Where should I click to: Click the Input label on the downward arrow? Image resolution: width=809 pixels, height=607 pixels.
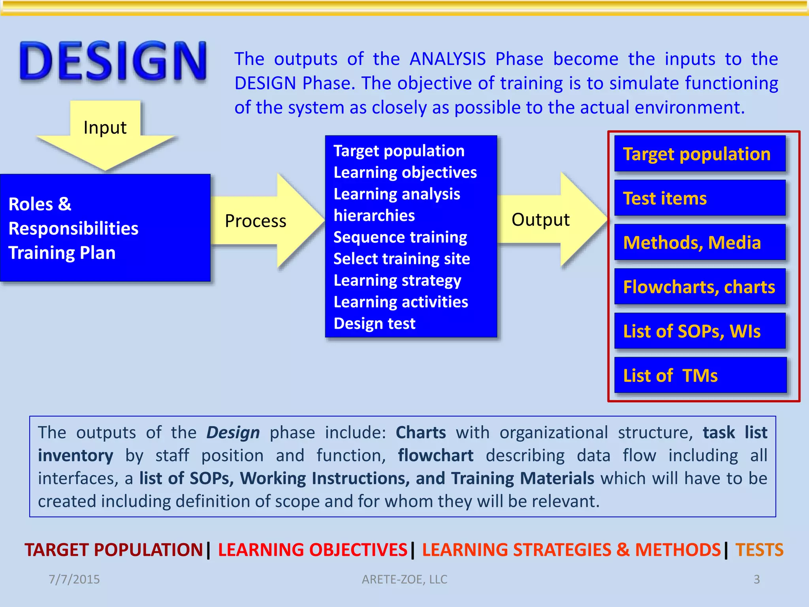click(105, 128)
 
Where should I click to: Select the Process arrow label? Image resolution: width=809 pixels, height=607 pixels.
click(256, 221)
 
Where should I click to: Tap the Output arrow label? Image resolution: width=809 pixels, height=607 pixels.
click(540, 220)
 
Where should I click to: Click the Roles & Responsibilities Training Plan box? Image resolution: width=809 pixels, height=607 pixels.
click(105, 228)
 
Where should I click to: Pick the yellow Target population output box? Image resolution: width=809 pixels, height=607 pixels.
click(700, 154)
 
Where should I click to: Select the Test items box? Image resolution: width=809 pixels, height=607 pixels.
click(700, 198)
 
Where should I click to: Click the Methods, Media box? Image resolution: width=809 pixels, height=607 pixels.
click(700, 243)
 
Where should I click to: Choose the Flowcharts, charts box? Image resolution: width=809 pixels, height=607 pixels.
click(700, 287)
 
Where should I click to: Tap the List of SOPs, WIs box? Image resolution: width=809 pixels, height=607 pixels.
click(700, 331)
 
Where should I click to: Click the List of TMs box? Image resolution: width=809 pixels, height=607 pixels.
click(700, 375)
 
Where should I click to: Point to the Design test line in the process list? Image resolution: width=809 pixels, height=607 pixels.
click(374, 324)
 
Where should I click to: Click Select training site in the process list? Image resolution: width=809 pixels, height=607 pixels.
click(402, 259)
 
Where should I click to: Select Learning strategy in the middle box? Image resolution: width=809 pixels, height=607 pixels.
click(397, 281)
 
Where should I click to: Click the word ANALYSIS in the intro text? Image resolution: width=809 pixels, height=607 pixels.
click(448, 59)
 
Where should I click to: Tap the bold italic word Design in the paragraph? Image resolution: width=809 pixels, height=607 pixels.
click(233, 432)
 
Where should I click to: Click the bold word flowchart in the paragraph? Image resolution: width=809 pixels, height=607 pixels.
click(435, 455)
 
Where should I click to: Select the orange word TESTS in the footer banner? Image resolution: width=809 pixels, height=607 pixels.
click(759, 550)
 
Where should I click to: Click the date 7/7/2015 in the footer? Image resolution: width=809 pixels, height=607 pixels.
click(74, 579)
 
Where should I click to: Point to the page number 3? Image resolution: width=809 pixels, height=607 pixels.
click(756, 579)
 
